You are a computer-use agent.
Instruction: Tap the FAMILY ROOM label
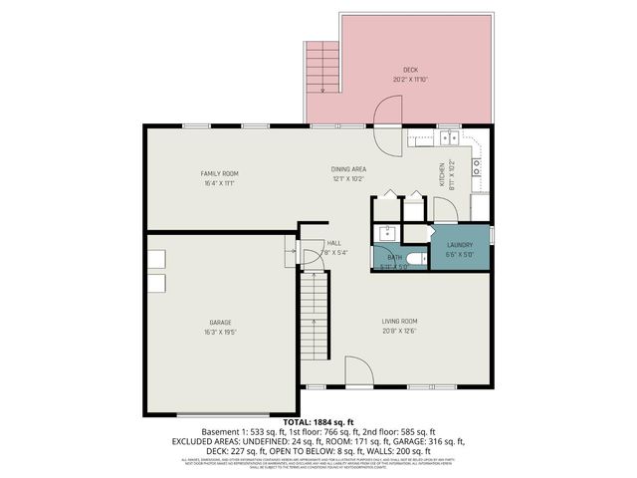point(220,173)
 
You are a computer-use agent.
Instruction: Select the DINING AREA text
point(349,169)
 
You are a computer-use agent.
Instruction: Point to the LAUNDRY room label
point(459,245)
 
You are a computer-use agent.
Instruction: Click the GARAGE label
point(220,322)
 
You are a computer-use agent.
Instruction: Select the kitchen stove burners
point(478,165)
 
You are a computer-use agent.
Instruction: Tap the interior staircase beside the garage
point(314,314)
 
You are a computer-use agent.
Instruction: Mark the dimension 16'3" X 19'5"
point(220,331)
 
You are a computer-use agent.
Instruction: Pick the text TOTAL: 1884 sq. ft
point(318,423)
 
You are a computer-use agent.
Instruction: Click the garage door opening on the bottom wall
point(220,413)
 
